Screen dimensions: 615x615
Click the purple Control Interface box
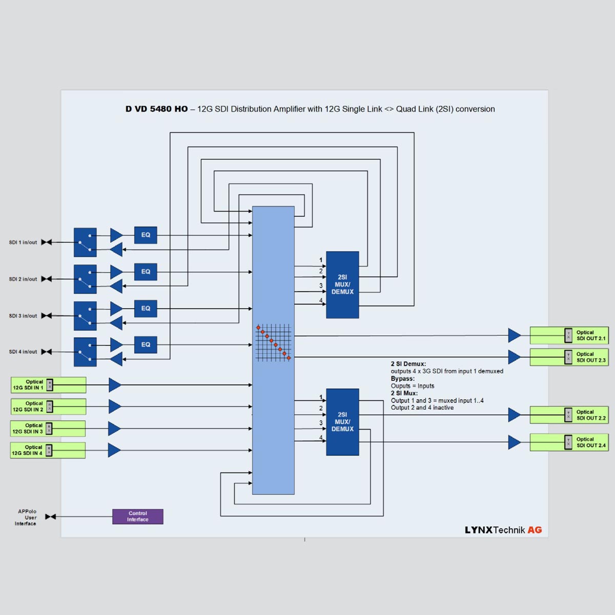tap(137, 517)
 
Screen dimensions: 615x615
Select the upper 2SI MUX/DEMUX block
tap(342, 284)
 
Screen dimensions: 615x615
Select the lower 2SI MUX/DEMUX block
tap(342, 422)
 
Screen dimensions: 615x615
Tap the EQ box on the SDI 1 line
tap(146, 235)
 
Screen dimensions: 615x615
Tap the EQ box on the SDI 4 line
tap(146, 345)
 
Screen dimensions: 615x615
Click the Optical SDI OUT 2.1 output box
tap(569, 336)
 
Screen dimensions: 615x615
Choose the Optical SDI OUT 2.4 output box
tap(569, 442)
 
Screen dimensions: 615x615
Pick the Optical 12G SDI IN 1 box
tap(48, 385)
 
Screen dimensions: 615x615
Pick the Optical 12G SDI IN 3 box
tap(48, 428)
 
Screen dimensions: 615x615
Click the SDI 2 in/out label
tap(23, 279)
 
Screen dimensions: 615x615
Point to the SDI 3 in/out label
tap(23, 316)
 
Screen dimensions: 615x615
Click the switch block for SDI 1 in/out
tap(85, 242)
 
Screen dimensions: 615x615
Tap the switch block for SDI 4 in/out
tap(85, 352)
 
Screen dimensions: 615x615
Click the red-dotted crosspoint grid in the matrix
tap(274, 342)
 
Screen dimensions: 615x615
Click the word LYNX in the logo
tap(478, 530)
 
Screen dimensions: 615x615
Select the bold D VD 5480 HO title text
tap(156, 109)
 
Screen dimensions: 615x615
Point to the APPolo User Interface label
tap(26, 518)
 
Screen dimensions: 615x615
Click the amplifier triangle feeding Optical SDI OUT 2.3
tap(514, 357)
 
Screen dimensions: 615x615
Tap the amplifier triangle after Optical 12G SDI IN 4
tap(114, 450)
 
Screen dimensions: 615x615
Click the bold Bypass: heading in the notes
tap(402, 379)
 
